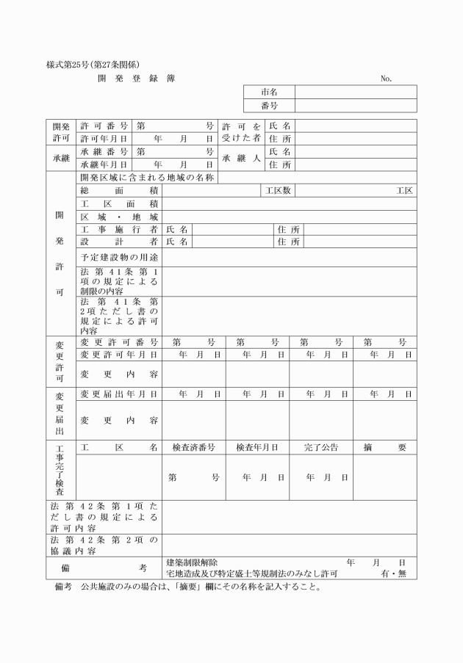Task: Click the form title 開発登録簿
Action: [x=136, y=79]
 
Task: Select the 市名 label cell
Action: [x=269, y=93]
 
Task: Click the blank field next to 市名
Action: [x=356, y=93]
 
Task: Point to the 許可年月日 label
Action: [x=104, y=138]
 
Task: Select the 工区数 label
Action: [x=279, y=191]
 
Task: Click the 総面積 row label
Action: [x=118, y=191]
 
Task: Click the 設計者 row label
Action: [x=118, y=242]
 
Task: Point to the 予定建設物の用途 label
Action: [x=120, y=258]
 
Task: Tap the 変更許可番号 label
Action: [x=118, y=342]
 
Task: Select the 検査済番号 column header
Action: [x=193, y=447]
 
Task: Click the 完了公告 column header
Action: [x=321, y=447]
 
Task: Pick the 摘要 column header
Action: [x=384, y=447]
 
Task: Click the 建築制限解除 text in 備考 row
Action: [x=192, y=562]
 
